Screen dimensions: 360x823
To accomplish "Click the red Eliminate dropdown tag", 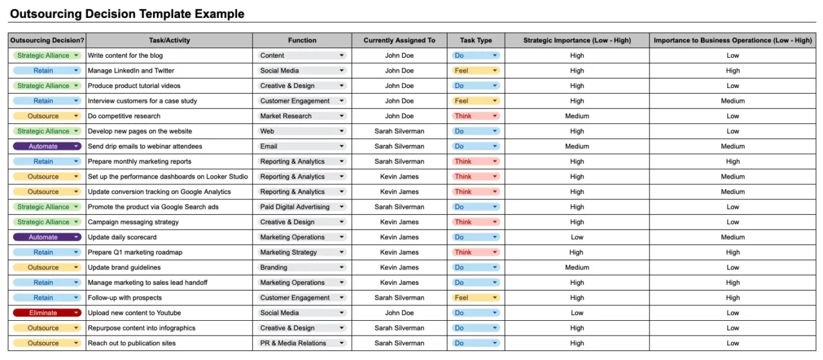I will (x=47, y=313).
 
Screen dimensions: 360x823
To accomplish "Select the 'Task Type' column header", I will (x=476, y=40).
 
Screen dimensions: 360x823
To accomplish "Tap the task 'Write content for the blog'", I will (x=125, y=55).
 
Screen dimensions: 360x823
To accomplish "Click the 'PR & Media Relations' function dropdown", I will (x=302, y=343).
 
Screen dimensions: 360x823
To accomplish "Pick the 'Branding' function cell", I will (x=302, y=267).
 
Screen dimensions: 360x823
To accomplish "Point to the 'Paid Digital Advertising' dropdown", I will (x=302, y=207).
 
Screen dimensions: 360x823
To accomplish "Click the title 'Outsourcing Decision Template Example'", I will (x=127, y=14).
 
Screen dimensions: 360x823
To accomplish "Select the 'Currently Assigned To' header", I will (x=399, y=40).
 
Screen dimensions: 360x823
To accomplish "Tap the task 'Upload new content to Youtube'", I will (x=134, y=313).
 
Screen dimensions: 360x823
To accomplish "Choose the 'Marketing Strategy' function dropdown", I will (x=302, y=253).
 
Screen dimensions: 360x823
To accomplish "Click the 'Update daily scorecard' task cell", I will (x=122, y=237).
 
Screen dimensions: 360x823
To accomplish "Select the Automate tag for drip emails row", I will (x=47, y=147).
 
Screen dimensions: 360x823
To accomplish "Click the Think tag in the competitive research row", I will (x=476, y=116).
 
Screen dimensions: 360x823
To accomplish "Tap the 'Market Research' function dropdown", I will (x=302, y=116).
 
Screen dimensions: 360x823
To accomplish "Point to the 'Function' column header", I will (x=302, y=40).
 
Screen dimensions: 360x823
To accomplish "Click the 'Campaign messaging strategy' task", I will (x=133, y=222).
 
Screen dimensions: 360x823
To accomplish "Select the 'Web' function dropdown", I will (x=302, y=131).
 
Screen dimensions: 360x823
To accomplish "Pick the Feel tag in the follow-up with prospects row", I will (x=476, y=298).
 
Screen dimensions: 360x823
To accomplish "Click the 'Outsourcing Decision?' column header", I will (x=48, y=40).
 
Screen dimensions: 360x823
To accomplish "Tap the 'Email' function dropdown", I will (x=302, y=147).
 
